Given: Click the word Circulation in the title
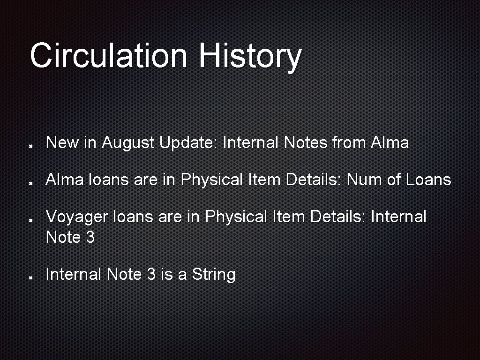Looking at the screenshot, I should pyautogui.click(x=108, y=55).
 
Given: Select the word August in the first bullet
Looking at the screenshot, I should pyautogui.click(x=128, y=142).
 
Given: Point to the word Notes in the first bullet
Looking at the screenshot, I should pyautogui.click(x=306, y=142).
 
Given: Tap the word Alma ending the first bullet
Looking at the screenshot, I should pyautogui.click(x=389, y=142).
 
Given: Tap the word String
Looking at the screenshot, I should pyautogui.click(x=213, y=274).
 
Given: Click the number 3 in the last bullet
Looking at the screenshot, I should pyautogui.click(x=151, y=274).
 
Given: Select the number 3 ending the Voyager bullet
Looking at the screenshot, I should pyautogui.click(x=90, y=237).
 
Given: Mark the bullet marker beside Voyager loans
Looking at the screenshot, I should pyautogui.click(x=30, y=219).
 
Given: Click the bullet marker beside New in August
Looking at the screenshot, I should pyautogui.click(x=30, y=145).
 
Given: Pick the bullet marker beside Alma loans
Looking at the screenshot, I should pyautogui.click(x=30, y=182).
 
